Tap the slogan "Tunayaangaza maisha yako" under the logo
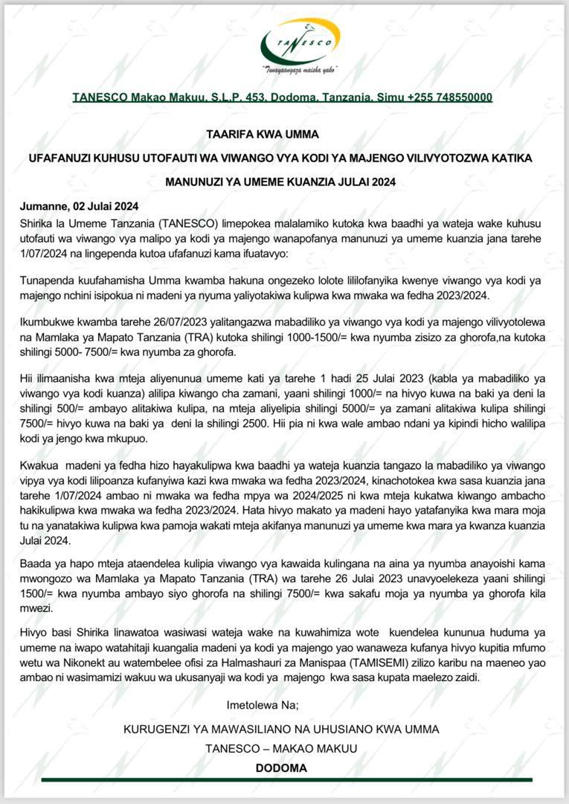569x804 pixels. point(300,71)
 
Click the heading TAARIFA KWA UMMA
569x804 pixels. point(263,135)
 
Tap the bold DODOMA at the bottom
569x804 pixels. point(281,768)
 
